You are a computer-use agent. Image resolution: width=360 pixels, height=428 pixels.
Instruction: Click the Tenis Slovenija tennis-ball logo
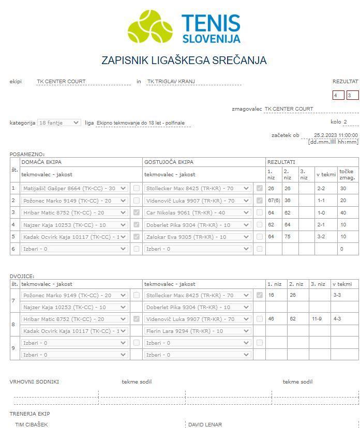click(149, 26)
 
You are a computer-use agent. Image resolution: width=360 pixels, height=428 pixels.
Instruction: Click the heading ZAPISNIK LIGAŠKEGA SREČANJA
click(184, 60)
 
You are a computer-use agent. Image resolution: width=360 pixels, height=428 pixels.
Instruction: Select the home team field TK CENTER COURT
click(83, 82)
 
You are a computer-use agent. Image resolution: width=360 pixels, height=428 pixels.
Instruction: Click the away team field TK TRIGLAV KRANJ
click(193, 82)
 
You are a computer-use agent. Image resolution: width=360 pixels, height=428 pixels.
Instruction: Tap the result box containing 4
click(338, 95)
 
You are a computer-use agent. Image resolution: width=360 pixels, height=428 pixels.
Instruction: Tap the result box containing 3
click(352, 95)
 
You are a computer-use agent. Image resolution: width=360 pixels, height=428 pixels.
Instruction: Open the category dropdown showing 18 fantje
click(59, 123)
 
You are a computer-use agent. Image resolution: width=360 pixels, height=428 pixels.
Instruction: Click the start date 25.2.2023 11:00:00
click(336, 135)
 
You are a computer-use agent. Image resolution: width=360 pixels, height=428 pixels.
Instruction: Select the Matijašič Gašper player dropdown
click(74, 189)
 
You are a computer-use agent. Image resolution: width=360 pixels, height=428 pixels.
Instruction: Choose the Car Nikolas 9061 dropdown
click(198, 212)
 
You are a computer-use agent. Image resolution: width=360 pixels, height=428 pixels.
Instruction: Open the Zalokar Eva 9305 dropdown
click(198, 237)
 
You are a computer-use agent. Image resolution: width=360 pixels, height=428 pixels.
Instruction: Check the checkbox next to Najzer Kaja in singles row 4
click(137, 225)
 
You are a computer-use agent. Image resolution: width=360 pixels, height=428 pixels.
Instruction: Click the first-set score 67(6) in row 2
click(274, 201)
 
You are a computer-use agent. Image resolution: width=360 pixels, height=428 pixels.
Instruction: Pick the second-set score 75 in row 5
click(290, 237)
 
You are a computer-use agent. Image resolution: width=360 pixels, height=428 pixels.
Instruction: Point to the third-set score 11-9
click(317, 319)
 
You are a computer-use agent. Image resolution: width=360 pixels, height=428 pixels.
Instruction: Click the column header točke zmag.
click(347, 174)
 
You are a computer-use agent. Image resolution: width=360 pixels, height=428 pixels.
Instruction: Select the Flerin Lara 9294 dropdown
click(198, 331)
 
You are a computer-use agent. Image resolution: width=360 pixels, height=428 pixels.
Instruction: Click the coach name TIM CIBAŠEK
click(32, 424)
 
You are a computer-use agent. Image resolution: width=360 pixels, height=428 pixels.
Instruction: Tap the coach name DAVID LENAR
click(205, 424)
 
